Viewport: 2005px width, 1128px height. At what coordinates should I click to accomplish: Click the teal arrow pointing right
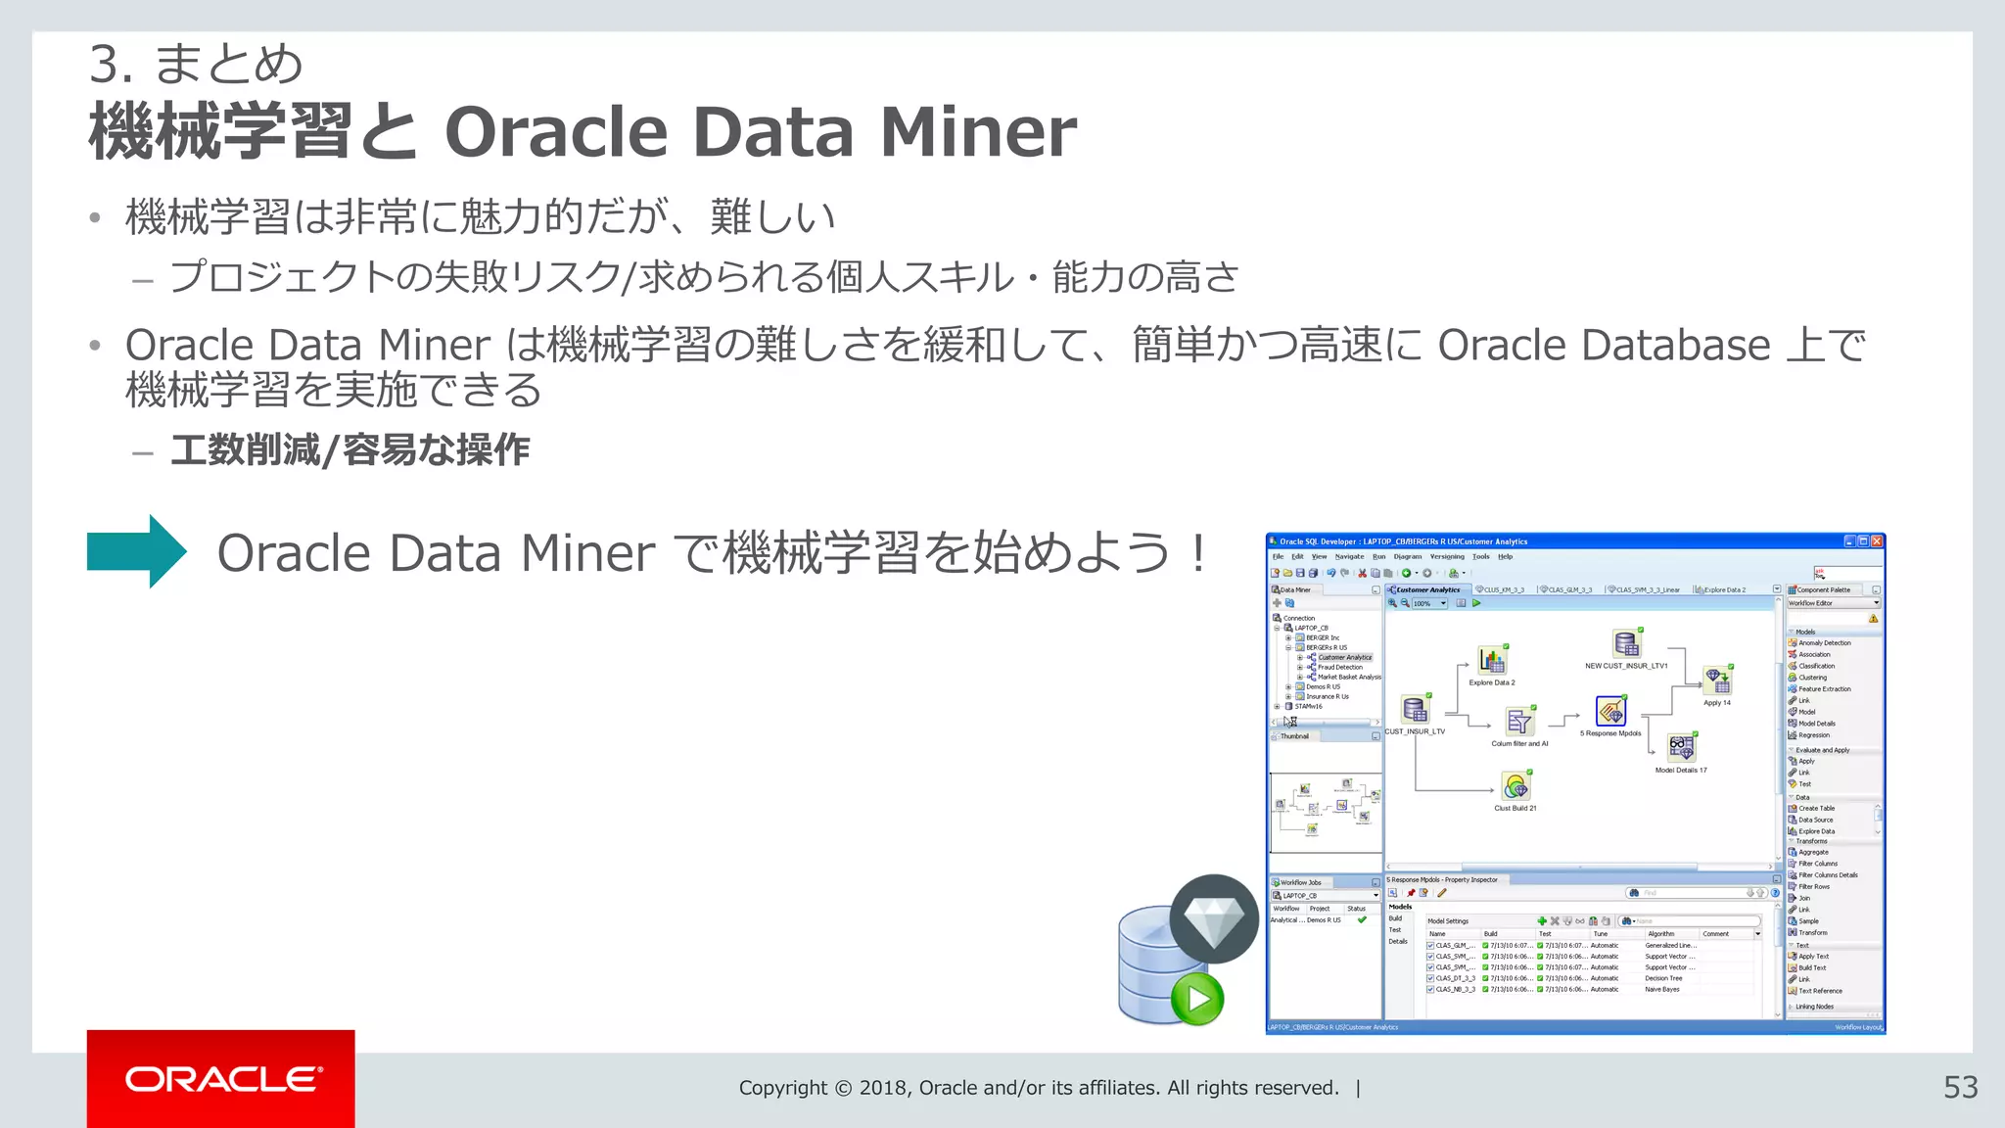point(137,551)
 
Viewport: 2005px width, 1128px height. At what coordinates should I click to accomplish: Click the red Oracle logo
point(221,1079)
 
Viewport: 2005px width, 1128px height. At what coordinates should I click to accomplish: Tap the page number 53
point(1960,1088)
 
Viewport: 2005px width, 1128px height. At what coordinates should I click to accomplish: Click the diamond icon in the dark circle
point(1214,919)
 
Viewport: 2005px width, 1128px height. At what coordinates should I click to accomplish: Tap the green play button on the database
point(1197,999)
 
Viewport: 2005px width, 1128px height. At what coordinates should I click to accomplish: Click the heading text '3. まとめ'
point(196,65)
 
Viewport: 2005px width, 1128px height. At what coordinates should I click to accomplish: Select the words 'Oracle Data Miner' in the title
point(760,132)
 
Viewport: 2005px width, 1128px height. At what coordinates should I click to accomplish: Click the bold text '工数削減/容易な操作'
point(350,450)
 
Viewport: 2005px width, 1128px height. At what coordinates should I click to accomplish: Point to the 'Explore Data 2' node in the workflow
point(1491,661)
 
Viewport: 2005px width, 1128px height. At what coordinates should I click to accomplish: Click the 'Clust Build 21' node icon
point(1515,786)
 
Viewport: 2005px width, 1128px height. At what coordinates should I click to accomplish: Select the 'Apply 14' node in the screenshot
point(1718,681)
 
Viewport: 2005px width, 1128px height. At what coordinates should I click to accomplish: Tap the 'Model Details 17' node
point(1681,748)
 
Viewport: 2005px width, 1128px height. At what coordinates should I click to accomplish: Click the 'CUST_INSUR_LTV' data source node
point(1415,710)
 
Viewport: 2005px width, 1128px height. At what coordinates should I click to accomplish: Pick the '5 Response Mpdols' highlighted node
point(1610,711)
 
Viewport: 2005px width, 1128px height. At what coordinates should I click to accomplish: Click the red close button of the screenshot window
point(1877,541)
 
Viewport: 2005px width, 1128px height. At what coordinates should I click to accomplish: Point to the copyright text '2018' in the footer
point(885,1088)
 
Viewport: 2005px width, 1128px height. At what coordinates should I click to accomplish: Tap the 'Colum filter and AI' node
point(1519,723)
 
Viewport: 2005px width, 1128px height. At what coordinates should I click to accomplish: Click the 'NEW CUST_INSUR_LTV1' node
point(1626,644)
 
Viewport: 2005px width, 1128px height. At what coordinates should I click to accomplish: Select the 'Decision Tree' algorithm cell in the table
point(1663,978)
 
